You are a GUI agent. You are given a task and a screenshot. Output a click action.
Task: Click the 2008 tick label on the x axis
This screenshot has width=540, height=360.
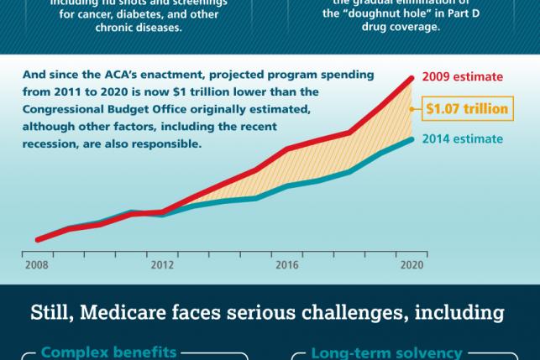(x=37, y=265)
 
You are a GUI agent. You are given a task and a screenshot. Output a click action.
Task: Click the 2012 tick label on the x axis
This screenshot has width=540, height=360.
(x=162, y=265)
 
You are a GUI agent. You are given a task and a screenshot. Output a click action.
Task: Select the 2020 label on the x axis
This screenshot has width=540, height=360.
(x=412, y=265)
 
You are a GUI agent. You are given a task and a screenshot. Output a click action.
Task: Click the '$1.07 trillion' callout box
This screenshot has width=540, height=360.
(x=467, y=108)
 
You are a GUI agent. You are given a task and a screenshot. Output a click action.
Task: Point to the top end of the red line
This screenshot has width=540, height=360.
(x=412, y=78)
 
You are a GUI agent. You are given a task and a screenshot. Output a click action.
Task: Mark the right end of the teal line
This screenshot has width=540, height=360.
(x=412, y=139)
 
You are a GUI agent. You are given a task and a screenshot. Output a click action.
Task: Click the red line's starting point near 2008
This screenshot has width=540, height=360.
(x=38, y=240)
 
